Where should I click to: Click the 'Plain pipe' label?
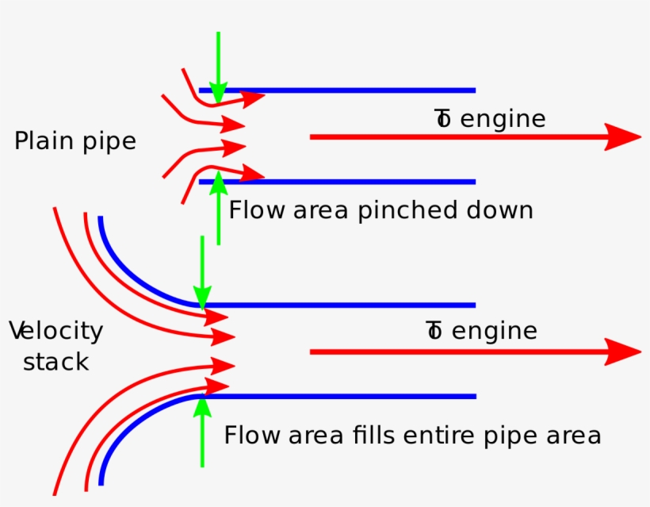click(x=75, y=141)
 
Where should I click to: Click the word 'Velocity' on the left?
click(x=56, y=331)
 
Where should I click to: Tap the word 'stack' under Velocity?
click(x=55, y=363)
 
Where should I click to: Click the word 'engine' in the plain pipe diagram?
click(x=503, y=119)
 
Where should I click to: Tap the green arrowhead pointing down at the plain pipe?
click(x=218, y=94)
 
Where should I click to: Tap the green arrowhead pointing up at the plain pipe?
click(x=218, y=180)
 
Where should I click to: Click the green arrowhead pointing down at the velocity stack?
click(x=202, y=297)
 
